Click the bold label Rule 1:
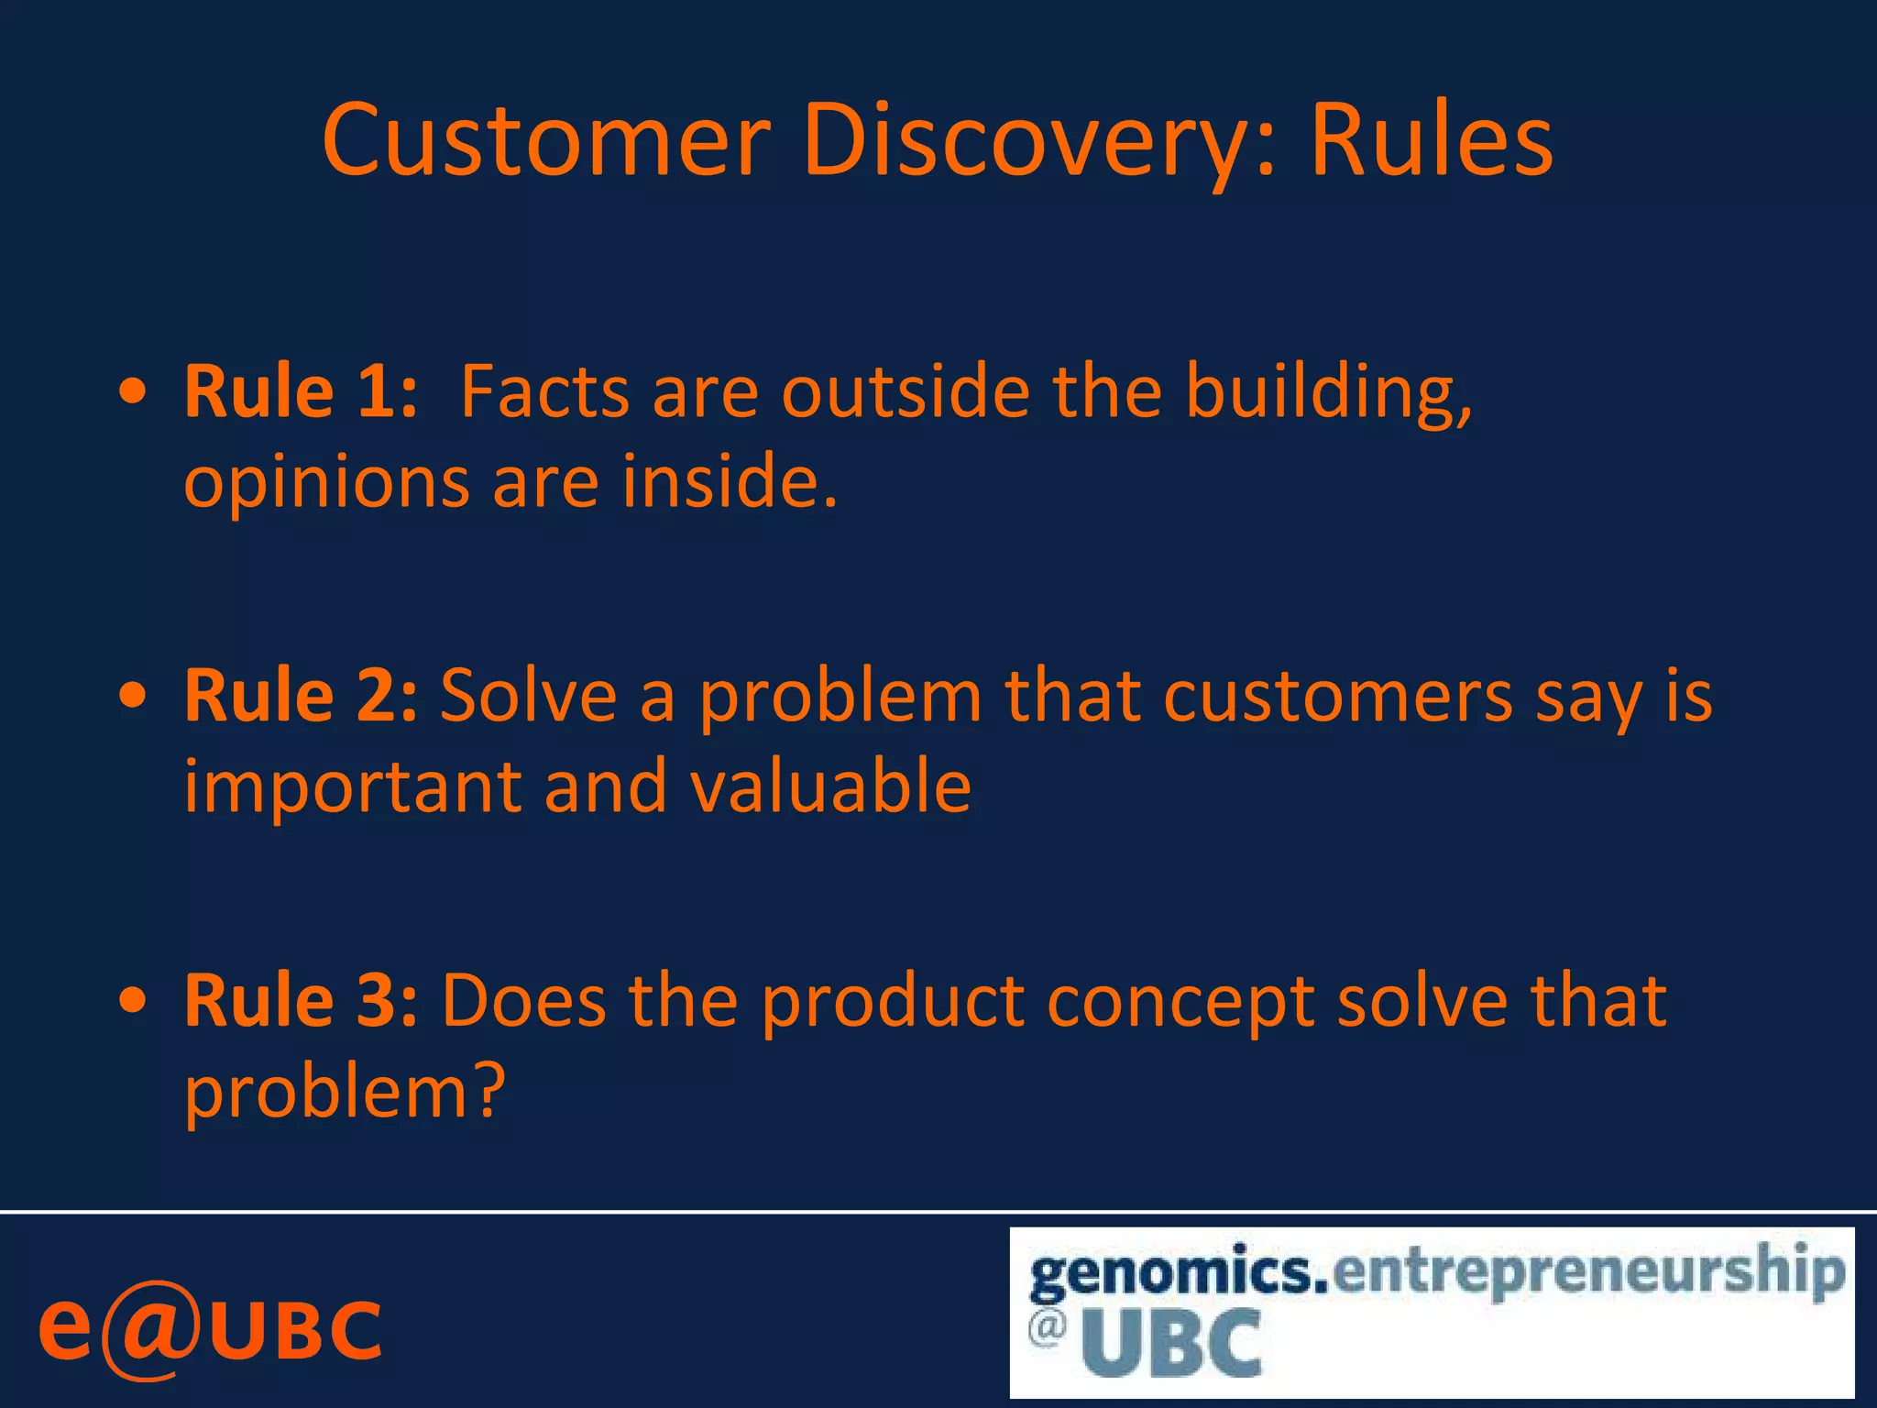click(301, 392)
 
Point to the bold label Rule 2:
click(301, 697)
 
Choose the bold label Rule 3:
click(301, 1001)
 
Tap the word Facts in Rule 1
click(544, 392)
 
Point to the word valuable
click(829, 786)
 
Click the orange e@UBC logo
click(209, 1329)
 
